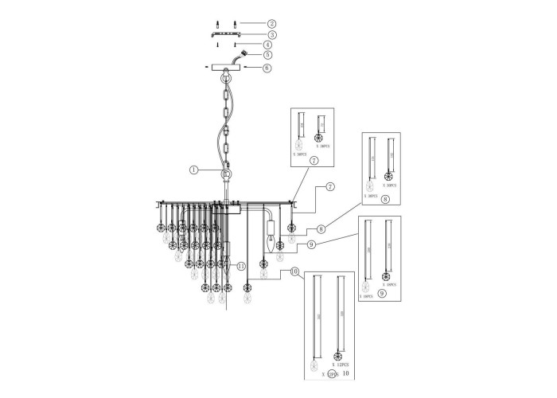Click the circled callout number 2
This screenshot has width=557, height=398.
271,25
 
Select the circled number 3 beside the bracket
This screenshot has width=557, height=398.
271,35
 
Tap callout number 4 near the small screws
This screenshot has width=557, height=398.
268,45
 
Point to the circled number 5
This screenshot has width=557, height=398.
268,56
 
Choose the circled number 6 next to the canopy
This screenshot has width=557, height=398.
267,68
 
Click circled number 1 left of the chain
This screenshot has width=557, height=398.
193,169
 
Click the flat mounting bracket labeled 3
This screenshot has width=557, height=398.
226,35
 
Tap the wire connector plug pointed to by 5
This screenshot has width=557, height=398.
243,55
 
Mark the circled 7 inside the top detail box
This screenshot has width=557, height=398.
314,160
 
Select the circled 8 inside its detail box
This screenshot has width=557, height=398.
385,200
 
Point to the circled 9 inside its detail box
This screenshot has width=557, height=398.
383,293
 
